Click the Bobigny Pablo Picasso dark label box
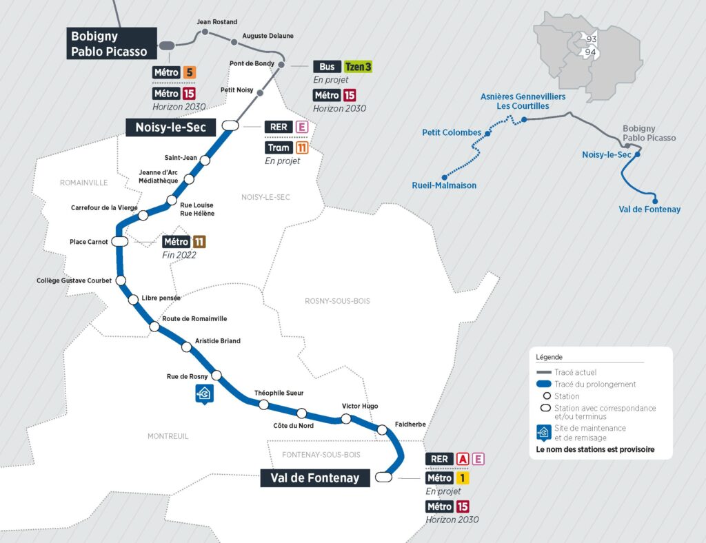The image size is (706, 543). tap(112, 43)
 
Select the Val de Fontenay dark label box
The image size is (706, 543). tap(314, 478)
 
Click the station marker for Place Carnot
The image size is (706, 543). tap(119, 242)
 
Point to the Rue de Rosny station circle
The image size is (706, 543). tap(216, 376)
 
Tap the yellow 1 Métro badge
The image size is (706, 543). tap(462, 478)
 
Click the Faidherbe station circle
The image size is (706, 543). tap(382, 430)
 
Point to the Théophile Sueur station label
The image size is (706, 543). tap(279, 393)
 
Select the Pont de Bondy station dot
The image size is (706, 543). tap(281, 65)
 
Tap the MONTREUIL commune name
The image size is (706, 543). tap(168, 436)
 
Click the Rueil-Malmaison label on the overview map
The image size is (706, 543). tap(444, 185)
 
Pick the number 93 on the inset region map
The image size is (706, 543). tap(591, 39)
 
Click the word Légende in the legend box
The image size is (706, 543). tap(549, 357)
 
